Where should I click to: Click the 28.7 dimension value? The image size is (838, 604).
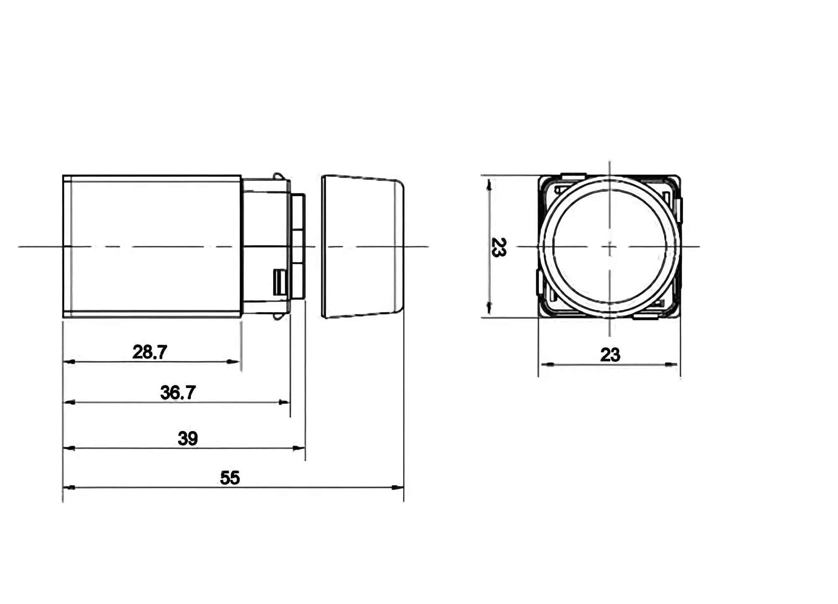(150, 352)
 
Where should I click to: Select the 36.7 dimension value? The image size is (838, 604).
(178, 393)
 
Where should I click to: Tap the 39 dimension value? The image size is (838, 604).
(187, 438)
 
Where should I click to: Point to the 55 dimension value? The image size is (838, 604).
(230, 478)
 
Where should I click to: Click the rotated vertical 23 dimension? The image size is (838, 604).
(499, 247)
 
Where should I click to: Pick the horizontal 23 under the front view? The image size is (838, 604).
(610, 355)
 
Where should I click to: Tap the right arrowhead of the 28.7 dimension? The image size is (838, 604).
(235, 362)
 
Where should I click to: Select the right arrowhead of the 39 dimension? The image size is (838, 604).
(300, 448)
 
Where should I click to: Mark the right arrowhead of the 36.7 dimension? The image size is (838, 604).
(285, 402)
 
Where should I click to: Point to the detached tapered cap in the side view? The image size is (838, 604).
(362, 247)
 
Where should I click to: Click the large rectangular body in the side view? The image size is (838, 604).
(152, 247)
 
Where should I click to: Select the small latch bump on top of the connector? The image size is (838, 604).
(277, 176)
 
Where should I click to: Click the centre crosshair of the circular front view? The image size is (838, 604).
(610, 246)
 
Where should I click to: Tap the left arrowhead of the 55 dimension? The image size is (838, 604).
(69, 487)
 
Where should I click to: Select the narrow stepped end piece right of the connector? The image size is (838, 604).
(298, 247)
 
